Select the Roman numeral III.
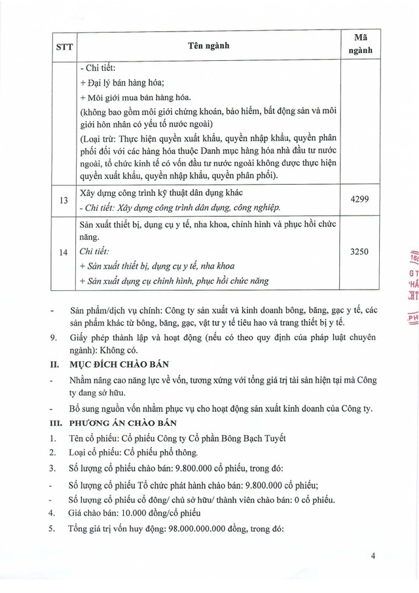point(55,423)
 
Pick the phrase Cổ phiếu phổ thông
point(164,453)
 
